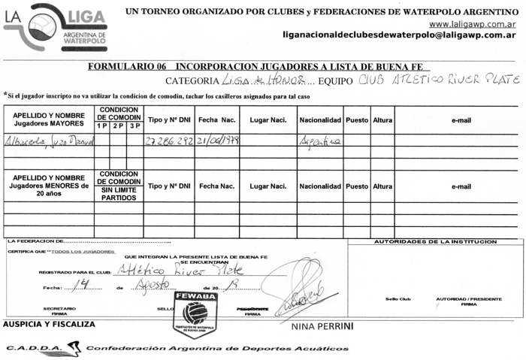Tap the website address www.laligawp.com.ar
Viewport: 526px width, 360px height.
click(x=471, y=23)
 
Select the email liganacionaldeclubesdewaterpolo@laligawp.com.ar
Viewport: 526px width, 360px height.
click(x=398, y=35)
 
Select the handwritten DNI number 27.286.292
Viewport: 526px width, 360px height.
click(x=169, y=141)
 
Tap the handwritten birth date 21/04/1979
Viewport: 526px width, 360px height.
click(x=218, y=141)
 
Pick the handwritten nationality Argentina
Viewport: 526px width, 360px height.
click(x=320, y=141)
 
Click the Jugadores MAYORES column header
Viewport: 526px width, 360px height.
click(x=48, y=118)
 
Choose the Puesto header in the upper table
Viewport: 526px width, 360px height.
click(x=357, y=119)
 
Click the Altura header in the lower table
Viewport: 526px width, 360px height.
click(x=382, y=186)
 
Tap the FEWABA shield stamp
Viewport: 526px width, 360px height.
click(x=195, y=313)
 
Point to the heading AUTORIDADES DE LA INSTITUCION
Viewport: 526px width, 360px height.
click(x=436, y=242)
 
